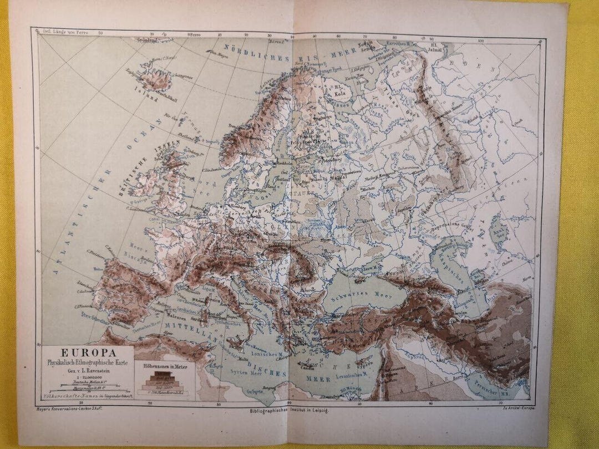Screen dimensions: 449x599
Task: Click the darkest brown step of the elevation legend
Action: [164, 375]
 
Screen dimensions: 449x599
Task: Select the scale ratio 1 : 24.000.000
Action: [88, 375]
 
